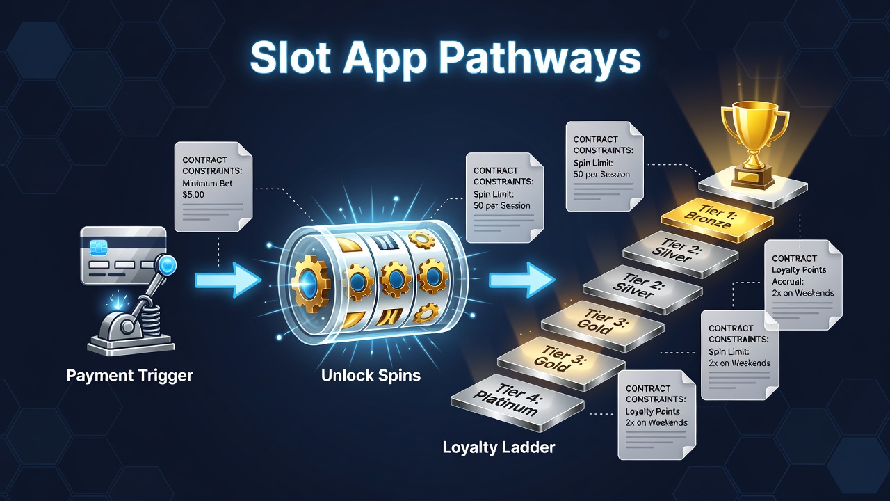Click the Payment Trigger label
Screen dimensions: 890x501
point(129,376)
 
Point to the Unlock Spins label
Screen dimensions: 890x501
point(371,375)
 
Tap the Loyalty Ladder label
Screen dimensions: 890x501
point(499,447)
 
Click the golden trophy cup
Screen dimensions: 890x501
point(754,143)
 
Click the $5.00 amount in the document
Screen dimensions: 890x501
point(193,195)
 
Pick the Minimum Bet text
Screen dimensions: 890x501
point(207,183)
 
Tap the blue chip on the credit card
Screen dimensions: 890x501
point(96,247)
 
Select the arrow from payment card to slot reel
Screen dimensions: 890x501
point(228,280)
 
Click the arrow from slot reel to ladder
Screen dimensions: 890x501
point(521,280)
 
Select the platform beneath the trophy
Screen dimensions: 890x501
point(753,190)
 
